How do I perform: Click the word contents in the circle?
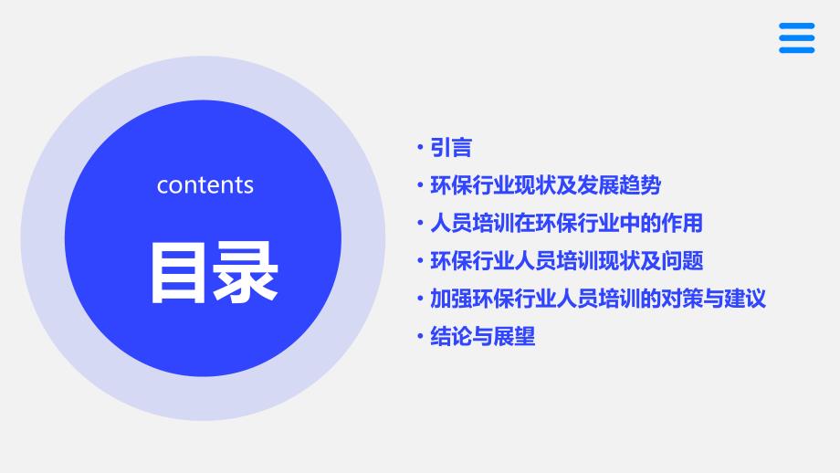205,185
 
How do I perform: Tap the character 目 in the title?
178,273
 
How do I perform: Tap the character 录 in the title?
246,273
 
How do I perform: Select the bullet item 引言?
451,148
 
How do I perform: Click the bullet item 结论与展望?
483,336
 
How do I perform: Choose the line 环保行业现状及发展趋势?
545,185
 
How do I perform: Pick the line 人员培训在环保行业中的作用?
566,224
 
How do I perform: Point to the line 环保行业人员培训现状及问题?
567,261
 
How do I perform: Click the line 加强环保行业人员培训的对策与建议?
598,299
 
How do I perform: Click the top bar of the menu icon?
796,26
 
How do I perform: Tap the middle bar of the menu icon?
796,38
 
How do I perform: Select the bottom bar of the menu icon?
796,50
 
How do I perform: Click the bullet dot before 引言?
420,147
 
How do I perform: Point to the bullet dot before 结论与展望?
420,336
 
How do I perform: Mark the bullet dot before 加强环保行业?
420,299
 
